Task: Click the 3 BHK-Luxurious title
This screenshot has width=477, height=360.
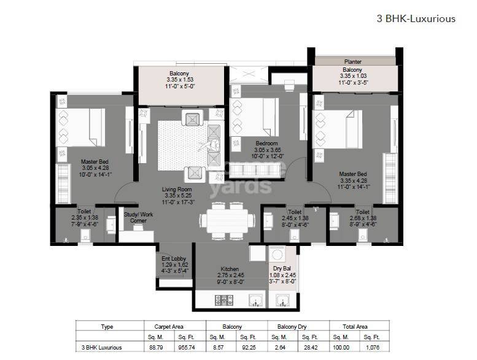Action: click(x=416, y=18)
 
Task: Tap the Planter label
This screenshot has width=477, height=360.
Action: click(x=352, y=62)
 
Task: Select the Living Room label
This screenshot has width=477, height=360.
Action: click(x=177, y=190)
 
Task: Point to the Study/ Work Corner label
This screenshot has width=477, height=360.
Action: click(x=138, y=218)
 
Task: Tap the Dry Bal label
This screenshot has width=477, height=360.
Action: click(x=282, y=269)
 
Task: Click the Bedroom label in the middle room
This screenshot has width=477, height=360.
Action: click(x=267, y=144)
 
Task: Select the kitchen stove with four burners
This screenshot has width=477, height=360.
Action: click(x=221, y=300)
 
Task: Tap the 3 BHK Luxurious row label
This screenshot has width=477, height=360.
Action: click(x=101, y=348)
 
